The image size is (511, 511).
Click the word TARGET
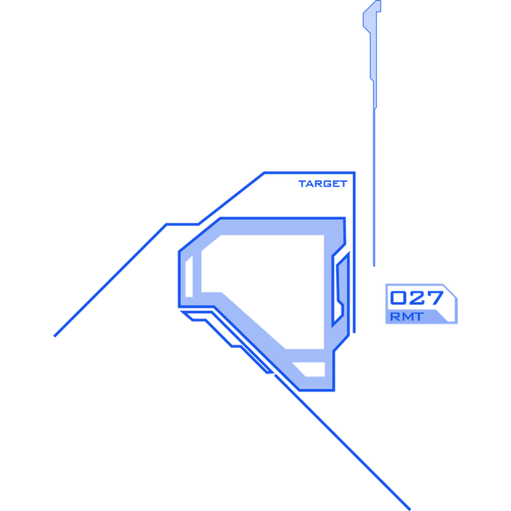click(323, 184)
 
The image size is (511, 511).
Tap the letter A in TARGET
click(310, 184)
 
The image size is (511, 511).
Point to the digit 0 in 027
click(397, 298)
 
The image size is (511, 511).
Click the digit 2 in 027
click(416, 298)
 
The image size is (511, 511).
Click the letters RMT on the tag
click(407, 316)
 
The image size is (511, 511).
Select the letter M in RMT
click(407, 316)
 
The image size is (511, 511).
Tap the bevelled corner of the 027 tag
click(450, 291)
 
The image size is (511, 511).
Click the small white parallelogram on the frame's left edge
click(189, 277)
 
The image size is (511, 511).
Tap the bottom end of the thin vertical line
click(374, 266)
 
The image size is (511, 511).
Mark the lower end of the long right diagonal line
click(409, 509)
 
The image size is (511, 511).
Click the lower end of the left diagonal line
click(55, 336)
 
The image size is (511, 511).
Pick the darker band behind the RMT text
click(417, 316)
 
